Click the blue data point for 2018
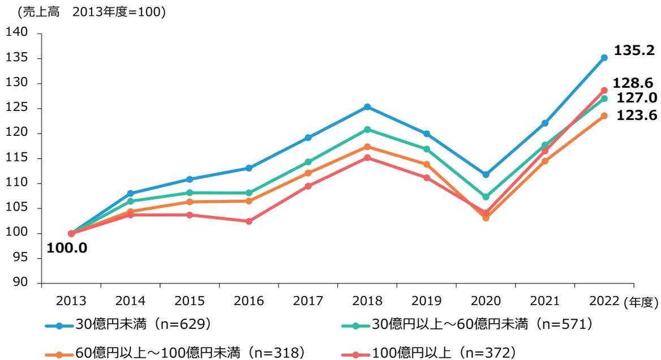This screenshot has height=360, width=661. pos(367,107)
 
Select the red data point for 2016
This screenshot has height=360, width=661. pos(249,221)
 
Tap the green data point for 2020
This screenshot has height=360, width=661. pos(486,197)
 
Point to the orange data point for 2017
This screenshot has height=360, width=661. pos(308,173)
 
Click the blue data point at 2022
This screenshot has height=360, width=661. pos(604,58)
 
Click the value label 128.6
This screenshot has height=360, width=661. pos(636,83)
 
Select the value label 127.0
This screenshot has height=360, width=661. pos(636,97)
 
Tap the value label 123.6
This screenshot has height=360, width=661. pos(636,115)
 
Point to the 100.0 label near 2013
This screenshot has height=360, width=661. pos(67,248)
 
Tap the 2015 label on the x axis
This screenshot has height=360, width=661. pos(190,300)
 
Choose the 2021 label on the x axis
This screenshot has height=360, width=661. pos(544,300)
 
